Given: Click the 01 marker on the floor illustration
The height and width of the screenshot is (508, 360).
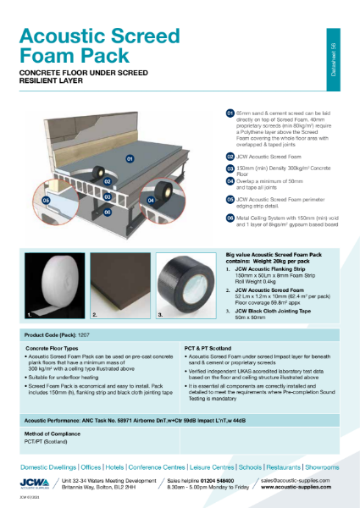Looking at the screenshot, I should tap(130, 158).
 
